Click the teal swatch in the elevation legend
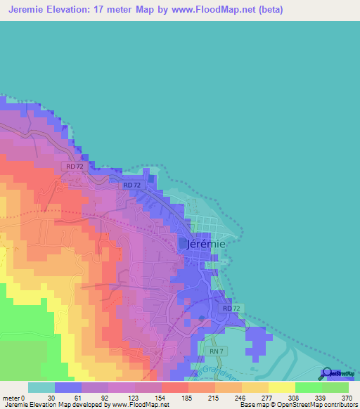tap(41, 387)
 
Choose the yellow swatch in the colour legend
tap(281, 387)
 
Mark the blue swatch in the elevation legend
tap(68, 387)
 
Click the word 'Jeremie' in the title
tap(28, 8)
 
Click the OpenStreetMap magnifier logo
tap(327, 373)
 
